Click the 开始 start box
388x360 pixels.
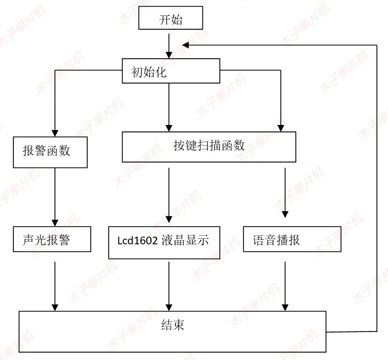click(171, 18)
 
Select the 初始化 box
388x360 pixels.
click(171, 71)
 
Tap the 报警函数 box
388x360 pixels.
click(50, 152)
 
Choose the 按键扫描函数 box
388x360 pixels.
click(209, 147)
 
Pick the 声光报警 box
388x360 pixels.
click(52, 239)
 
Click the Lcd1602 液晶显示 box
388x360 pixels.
click(164, 243)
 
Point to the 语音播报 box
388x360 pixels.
click(292, 239)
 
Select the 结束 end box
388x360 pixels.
click(173, 331)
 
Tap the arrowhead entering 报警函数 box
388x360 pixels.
click(55, 133)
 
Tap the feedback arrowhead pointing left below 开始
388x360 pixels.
click(186, 45)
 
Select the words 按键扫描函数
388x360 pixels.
click(209, 146)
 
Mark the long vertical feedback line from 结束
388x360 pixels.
click(377, 186)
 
